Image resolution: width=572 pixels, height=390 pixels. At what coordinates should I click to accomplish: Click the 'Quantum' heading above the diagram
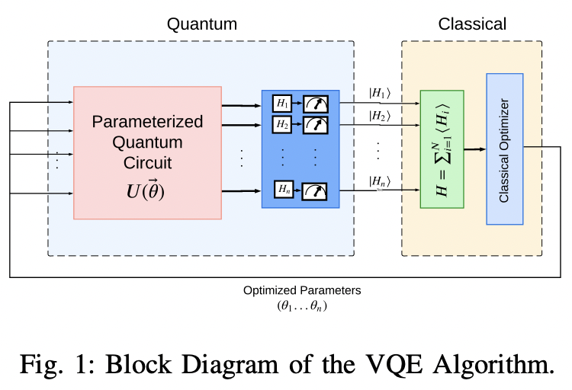(x=202, y=24)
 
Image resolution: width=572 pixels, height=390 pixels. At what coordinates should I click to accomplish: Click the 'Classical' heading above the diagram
(x=471, y=24)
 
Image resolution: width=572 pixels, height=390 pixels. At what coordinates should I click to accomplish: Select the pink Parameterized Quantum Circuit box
(x=147, y=152)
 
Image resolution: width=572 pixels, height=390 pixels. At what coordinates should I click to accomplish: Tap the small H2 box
(x=282, y=123)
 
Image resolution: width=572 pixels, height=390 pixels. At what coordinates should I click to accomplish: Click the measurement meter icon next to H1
(x=315, y=104)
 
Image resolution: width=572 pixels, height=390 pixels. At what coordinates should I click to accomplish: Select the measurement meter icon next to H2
(x=315, y=123)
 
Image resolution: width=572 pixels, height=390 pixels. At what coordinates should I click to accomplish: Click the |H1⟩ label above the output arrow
(x=379, y=94)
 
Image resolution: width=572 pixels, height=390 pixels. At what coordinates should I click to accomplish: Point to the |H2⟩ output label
(x=379, y=116)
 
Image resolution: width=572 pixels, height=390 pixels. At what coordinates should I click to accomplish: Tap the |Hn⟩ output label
(x=379, y=181)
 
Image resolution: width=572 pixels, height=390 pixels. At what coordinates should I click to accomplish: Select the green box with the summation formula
(x=442, y=149)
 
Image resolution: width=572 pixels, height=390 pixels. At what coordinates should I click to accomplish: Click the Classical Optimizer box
(x=504, y=149)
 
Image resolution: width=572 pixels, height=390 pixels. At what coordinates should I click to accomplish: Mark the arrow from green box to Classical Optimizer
(x=475, y=149)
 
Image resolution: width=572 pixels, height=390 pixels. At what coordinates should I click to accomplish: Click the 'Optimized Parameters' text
(x=302, y=290)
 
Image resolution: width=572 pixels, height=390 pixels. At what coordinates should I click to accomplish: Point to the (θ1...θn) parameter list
(x=302, y=305)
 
